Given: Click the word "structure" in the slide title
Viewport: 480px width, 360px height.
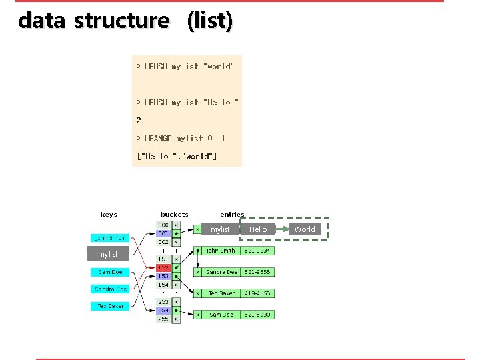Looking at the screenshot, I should click(122, 21).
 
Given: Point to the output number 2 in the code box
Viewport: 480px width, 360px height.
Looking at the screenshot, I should click(139, 121).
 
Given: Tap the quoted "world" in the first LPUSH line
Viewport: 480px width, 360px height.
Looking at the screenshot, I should click(219, 67).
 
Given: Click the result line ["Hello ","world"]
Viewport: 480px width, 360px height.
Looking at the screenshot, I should click(177, 157).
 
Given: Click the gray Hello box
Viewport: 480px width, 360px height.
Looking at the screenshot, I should click(258, 229).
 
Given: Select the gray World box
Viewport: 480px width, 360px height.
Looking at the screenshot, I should click(305, 229).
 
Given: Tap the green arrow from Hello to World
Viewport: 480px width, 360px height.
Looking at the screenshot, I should click(281, 229).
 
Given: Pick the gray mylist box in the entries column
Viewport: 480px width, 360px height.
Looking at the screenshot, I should click(220, 229).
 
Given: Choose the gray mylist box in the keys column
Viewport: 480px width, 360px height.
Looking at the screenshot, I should click(107, 254).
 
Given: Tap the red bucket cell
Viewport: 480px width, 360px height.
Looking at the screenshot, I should click(163, 267).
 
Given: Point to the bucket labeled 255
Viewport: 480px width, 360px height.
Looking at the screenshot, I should click(163, 319).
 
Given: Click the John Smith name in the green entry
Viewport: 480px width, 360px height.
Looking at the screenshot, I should click(221, 251).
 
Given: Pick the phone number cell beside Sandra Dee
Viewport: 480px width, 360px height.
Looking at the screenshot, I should click(257, 272).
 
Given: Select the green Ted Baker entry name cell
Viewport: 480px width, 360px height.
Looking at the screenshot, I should click(221, 293).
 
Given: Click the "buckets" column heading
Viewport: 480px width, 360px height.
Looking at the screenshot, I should click(174, 215).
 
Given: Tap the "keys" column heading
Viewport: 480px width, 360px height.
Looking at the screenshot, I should click(109, 215).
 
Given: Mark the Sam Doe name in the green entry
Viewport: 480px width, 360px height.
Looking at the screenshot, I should click(221, 315).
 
